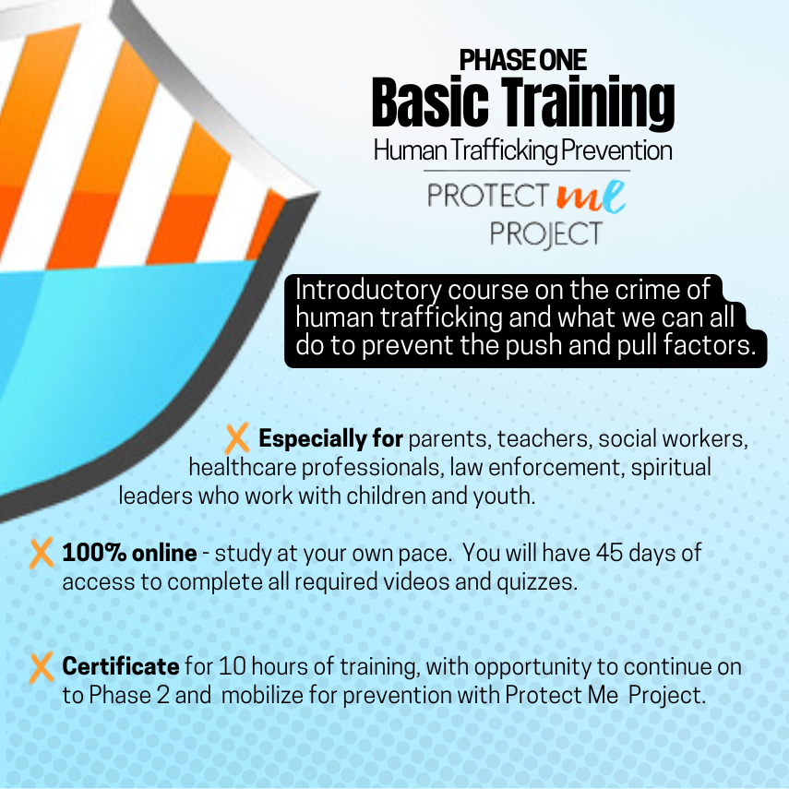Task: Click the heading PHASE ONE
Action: (523, 60)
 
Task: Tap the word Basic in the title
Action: (430, 102)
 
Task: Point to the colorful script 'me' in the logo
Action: (591, 197)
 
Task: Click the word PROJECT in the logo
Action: (546, 234)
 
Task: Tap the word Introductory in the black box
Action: (368, 291)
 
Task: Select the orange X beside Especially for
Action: (237, 438)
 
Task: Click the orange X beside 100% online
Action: (42, 554)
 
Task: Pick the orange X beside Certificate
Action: (42, 668)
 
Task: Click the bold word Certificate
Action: (121, 666)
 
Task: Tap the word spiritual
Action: (671, 468)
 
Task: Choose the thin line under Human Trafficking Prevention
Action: (527, 171)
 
